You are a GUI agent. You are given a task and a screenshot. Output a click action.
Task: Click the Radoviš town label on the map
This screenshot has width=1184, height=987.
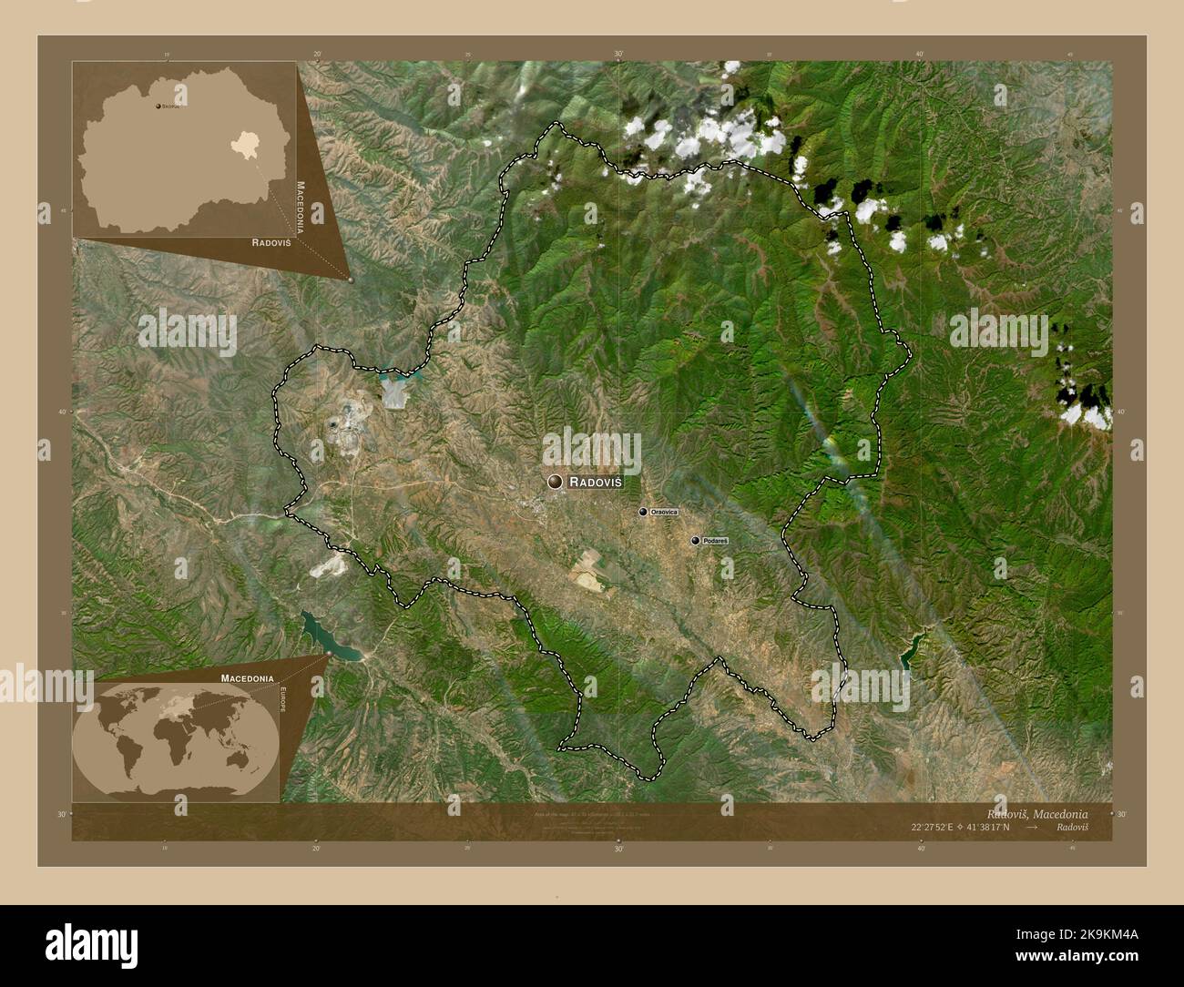596,482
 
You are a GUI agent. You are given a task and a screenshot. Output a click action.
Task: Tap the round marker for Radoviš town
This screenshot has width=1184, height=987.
555,482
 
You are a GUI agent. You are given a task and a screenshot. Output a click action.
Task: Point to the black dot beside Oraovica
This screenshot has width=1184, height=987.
643,513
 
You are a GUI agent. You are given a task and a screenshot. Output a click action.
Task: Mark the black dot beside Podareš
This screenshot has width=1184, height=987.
696,541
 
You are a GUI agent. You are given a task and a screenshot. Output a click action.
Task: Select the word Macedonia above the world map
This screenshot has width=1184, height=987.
246,678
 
